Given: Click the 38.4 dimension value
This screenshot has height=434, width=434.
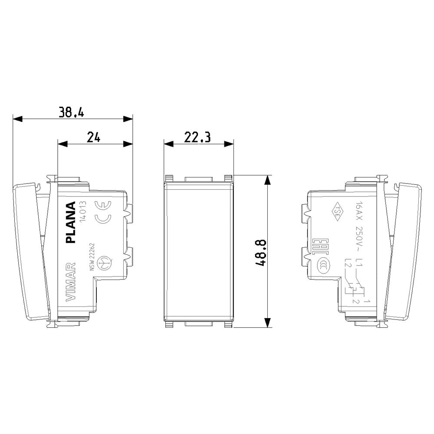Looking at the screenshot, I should (x=72, y=112).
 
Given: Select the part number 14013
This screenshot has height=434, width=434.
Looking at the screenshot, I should (x=84, y=212).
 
